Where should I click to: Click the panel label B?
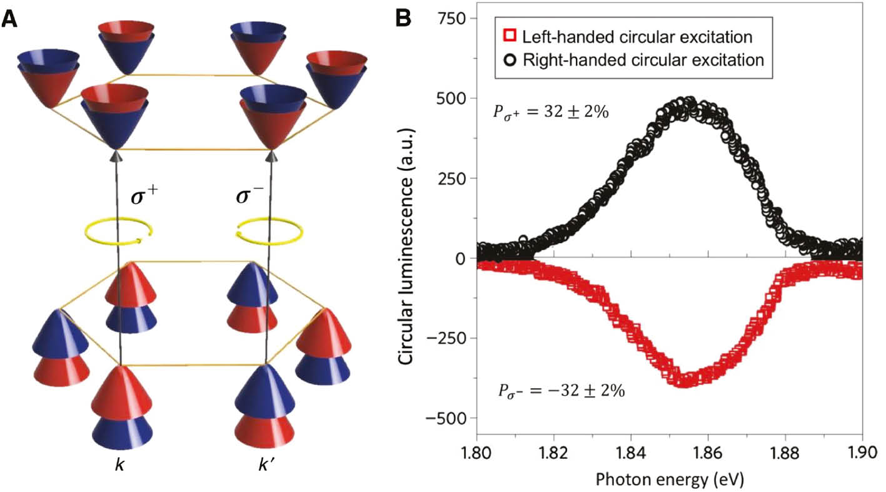[x=404, y=19]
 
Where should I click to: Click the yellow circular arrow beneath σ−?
[x=263, y=232]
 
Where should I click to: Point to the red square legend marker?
[x=509, y=37]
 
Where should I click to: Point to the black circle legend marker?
[x=509, y=61]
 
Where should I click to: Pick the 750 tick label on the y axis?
[x=453, y=19]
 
